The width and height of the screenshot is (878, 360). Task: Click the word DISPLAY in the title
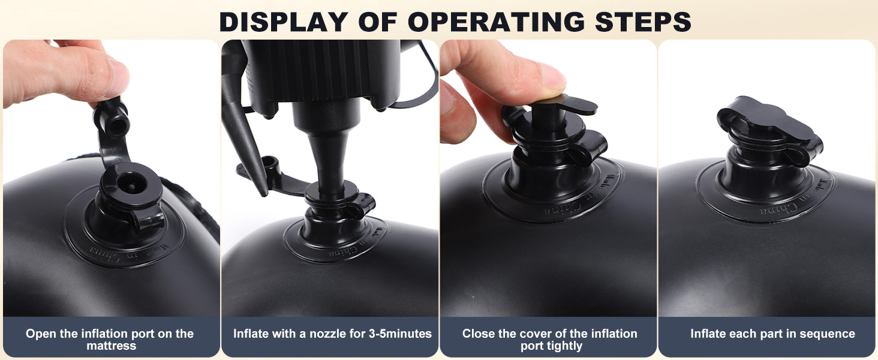pos(284,22)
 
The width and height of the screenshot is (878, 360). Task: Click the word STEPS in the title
pos(643,22)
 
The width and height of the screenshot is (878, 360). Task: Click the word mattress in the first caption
pos(112,346)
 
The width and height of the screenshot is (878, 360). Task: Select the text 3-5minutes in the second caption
pos(400,334)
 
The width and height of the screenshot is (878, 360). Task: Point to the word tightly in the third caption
pos(565,346)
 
